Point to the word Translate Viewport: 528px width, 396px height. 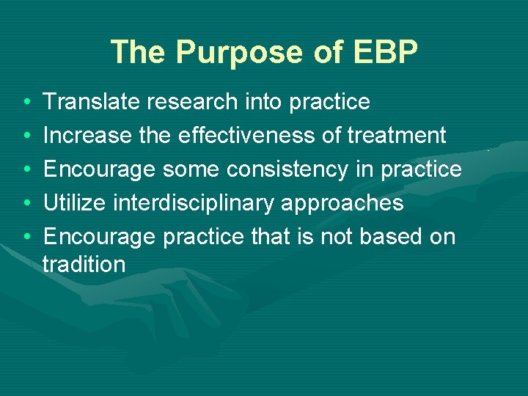click(x=92, y=102)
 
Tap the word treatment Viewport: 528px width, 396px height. click(x=397, y=136)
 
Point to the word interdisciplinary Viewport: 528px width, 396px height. click(x=197, y=203)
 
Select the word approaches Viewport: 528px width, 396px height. click(x=342, y=203)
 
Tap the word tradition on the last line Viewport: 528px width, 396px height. click(x=84, y=264)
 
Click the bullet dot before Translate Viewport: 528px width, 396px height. click(x=26, y=103)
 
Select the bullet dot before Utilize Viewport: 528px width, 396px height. click(x=26, y=204)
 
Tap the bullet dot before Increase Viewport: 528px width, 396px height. click(x=26, y=136)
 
